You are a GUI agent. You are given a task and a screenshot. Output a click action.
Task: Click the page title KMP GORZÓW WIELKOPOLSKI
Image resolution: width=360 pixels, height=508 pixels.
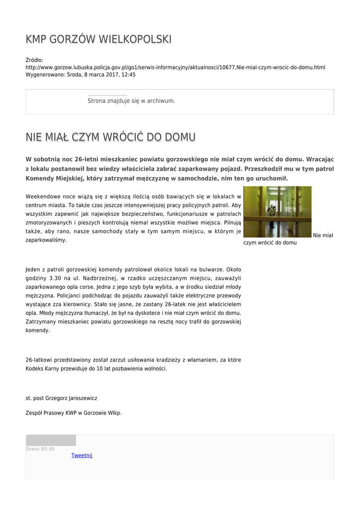point(99,39)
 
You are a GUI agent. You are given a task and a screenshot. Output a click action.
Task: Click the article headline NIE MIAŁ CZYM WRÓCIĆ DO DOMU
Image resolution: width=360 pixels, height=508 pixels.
point(110,137)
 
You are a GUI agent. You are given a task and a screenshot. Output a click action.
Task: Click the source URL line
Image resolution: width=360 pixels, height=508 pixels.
point(175,67)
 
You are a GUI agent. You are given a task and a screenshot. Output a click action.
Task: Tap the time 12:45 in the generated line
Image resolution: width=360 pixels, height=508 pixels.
point(128,74)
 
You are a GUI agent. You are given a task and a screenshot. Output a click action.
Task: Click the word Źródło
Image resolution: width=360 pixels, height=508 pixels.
point(34,60)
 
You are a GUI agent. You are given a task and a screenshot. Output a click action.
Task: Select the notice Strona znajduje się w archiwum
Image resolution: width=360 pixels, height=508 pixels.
point(131,101)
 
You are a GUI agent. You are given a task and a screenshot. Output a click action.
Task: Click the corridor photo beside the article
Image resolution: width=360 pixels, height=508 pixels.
point(277,212)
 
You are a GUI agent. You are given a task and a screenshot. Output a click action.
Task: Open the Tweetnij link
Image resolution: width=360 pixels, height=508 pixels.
point(81,455)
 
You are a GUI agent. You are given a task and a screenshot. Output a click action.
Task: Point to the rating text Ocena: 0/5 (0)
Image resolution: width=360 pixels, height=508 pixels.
point(40,449)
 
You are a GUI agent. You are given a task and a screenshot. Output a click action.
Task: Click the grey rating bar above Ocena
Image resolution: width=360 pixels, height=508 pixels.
point(51,441)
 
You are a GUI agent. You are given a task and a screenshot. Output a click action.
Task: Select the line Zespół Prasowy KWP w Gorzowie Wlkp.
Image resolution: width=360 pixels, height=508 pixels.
point(73,412)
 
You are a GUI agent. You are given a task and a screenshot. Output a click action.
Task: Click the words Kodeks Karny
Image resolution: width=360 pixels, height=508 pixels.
point(42,369)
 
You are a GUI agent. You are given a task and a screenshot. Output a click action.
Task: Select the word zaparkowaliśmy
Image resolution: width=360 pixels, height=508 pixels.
point(46,240)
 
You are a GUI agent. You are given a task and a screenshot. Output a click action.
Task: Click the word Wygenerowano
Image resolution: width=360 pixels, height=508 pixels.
point(45,74)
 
